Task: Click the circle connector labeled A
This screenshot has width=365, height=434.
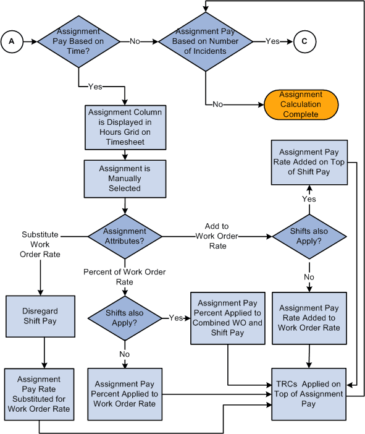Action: (x=11, y=41)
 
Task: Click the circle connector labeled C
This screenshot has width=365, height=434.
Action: (x=304, y=41)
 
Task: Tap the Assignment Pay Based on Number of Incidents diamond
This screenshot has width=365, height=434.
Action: (x=206, y=41)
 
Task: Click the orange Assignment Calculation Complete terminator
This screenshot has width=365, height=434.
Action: (x=301, y=104)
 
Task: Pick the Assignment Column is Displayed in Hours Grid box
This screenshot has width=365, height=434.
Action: (x=125, y=127)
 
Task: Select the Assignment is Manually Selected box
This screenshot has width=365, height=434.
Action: (x=125, y=178)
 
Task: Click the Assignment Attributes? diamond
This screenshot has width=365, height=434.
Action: (x=125, y=236)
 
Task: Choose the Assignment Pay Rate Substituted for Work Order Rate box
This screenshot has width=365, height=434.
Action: (x=39, y=394)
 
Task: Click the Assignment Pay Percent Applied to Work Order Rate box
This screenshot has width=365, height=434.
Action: (x=125, y=394)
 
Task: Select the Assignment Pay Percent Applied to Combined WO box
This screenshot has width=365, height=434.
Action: (x=228, y=318)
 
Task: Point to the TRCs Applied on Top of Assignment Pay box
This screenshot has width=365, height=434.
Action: (x=309, y=394)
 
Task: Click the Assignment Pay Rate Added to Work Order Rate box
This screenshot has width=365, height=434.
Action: (x=309, y=318)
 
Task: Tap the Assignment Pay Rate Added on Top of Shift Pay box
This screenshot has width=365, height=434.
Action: (x=309, y=162)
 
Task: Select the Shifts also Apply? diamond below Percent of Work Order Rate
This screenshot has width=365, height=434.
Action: (x=125, y=318)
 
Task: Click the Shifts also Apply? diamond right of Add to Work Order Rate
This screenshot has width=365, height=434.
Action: (x=309, y=236)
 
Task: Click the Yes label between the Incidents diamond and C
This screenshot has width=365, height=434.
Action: (x=272, y=41)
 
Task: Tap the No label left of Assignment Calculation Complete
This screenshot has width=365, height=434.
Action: (x=217, y=104)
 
